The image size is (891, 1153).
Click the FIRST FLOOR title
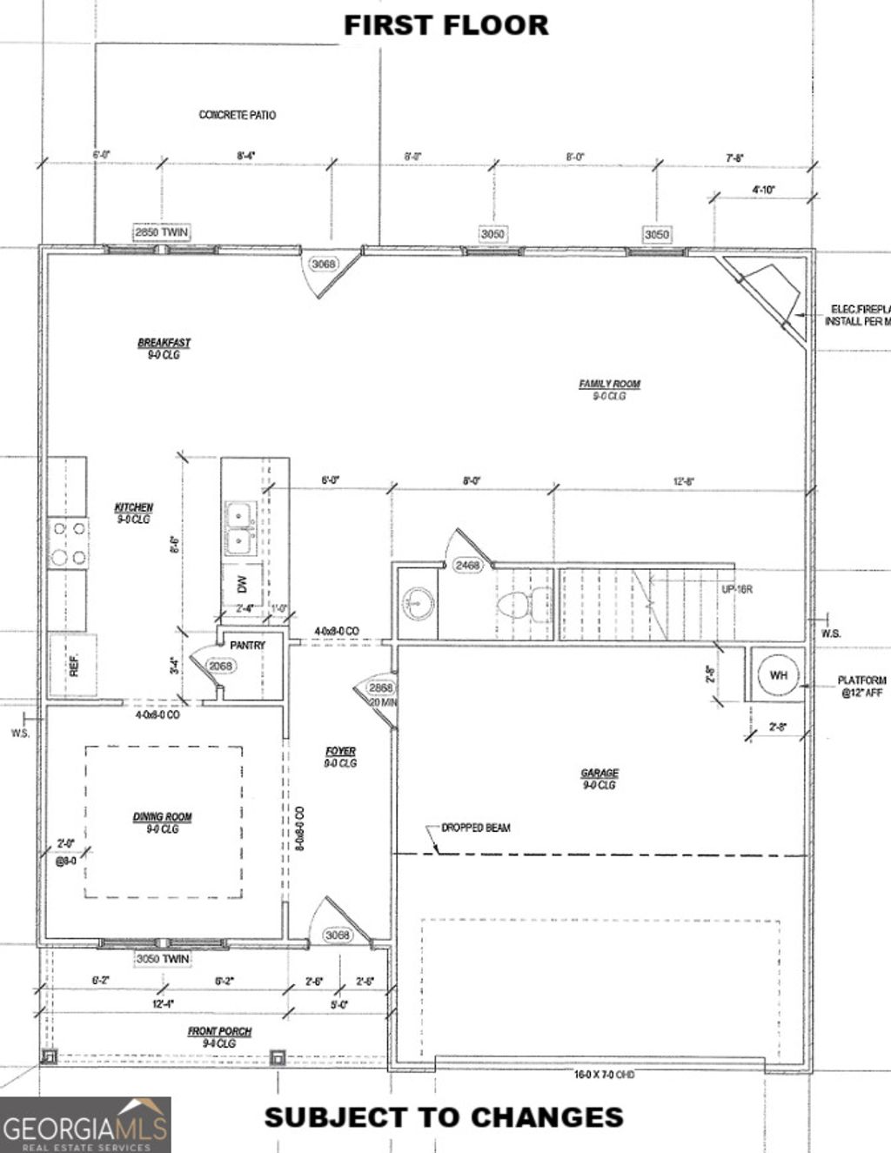(445, 25)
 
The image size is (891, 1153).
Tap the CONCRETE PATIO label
(238, 115)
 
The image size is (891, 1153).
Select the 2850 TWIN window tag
(161, 232)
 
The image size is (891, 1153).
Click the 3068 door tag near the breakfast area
(323, 264)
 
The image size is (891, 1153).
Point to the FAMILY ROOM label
(609, 384)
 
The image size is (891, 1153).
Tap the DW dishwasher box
(243, 585)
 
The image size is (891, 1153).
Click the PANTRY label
(247, 646)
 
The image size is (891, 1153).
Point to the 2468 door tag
(467, 566)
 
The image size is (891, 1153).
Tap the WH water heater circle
(778, 675)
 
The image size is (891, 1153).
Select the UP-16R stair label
(736, 589)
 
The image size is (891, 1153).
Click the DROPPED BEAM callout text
(476, 828)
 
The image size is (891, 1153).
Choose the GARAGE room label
(600, 773)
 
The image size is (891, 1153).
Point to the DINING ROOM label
(163, 817)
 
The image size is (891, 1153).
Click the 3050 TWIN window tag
(163, 959)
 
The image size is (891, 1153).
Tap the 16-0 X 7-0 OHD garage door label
(604, 1075)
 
